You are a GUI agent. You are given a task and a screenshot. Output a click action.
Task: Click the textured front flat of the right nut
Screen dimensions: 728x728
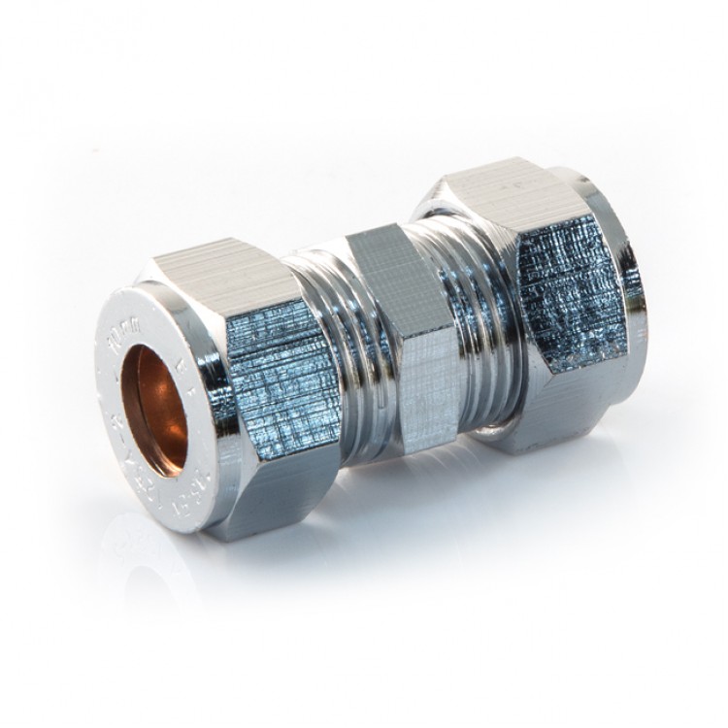tap(573, 291)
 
